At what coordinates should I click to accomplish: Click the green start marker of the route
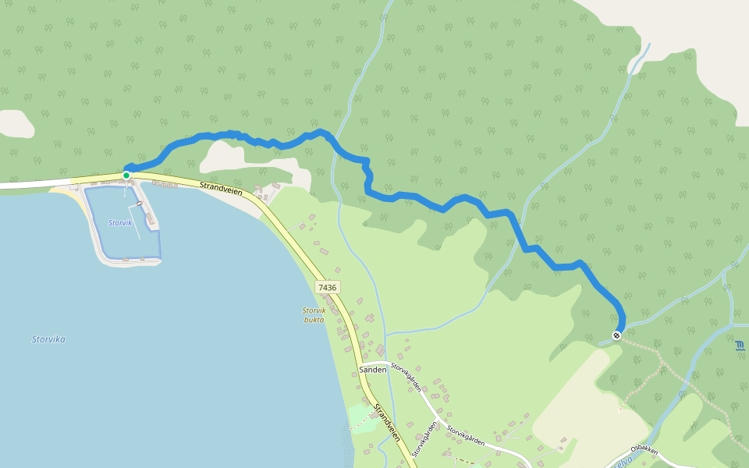126,175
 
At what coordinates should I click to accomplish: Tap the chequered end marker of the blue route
616,335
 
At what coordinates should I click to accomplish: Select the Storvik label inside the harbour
120,223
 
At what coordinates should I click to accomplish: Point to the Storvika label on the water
48,339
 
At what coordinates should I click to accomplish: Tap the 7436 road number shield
327,288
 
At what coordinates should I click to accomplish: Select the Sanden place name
372,369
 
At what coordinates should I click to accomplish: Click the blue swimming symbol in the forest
739,346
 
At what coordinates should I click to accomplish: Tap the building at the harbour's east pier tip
150,221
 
